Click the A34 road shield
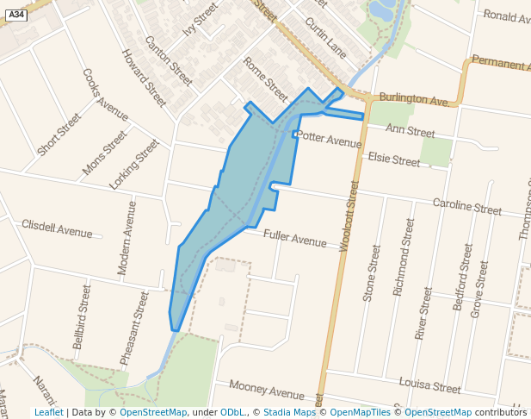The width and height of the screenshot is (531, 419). (x=15, y=15)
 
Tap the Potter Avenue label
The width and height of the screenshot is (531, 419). (x=330, y=139)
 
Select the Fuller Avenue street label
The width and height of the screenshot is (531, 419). (x=295, y=237)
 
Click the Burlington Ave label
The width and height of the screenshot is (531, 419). (x=413, y=99)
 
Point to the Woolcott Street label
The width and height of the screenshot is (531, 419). (x=349, y=216)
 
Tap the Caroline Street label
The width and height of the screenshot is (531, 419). (x=466, y=207)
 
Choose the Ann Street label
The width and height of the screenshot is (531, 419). (x=411, y=131)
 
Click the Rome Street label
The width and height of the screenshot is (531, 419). (x=265, y=78)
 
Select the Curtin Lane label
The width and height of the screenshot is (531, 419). (x=325, y=39)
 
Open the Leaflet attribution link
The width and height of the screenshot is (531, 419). (x=49, y=412)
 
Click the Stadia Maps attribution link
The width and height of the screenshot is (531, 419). (x=289, y=412)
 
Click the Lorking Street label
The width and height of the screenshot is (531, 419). (x=134, y=165)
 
